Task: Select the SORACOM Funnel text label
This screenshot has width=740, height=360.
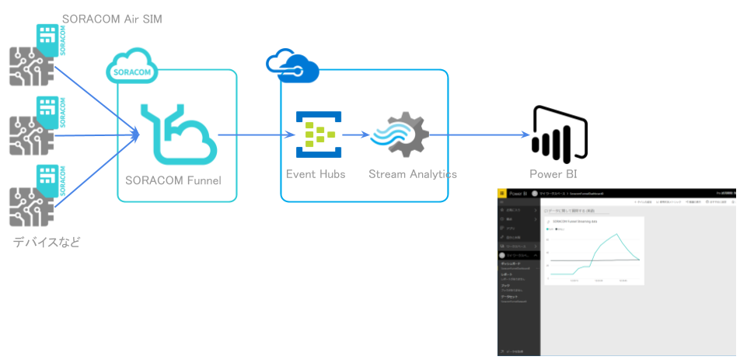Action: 173,180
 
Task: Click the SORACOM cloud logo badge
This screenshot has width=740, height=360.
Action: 131,69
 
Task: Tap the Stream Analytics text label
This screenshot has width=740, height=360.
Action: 412,174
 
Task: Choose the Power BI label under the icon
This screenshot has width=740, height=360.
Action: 553,174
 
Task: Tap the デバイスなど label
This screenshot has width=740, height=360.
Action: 47,243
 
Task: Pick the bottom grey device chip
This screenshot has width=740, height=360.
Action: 30,204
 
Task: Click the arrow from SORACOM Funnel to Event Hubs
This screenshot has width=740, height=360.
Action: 253,135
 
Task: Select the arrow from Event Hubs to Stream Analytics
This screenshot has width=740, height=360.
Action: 355,135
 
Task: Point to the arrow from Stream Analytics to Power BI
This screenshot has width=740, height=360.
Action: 474,135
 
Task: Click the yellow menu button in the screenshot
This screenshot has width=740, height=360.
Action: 502,193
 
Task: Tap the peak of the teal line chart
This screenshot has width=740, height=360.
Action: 616,234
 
